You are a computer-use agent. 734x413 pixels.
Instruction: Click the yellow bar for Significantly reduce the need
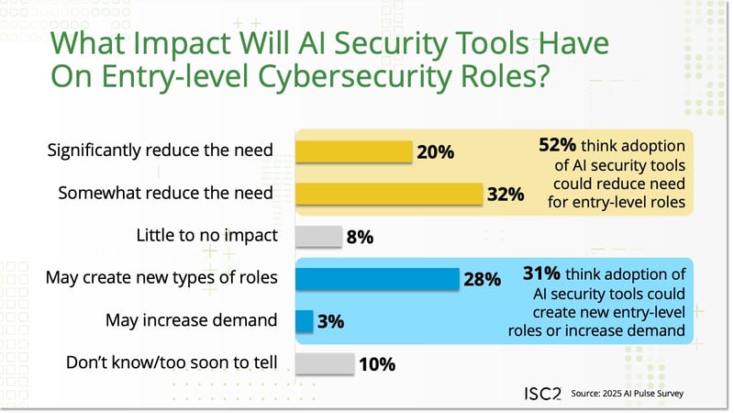353,151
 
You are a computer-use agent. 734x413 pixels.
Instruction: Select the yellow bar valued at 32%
389,194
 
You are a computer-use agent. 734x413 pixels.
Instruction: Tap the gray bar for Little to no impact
318,237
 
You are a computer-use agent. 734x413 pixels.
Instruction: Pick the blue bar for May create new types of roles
377,278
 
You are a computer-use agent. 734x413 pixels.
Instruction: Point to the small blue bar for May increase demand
305,321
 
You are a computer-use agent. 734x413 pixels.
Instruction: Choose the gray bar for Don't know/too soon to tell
324,363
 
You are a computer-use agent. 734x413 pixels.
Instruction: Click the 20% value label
436,152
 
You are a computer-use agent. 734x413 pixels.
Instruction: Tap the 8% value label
360,238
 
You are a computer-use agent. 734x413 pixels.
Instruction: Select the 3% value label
331,322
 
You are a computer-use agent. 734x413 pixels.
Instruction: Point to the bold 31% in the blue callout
541,273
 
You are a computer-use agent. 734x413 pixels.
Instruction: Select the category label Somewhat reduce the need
165,194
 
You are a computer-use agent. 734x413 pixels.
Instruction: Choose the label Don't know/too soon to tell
172,363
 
